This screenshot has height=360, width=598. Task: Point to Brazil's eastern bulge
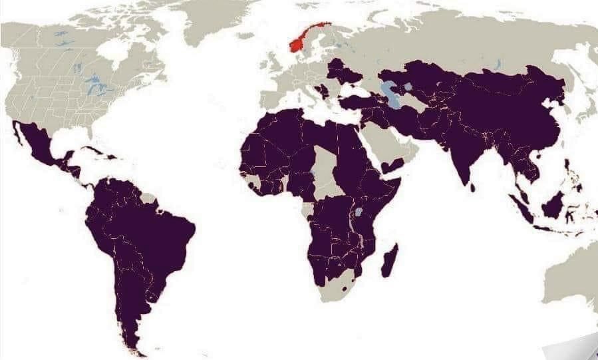pos(176,230)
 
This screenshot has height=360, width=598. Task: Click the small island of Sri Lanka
pos(474,187)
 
